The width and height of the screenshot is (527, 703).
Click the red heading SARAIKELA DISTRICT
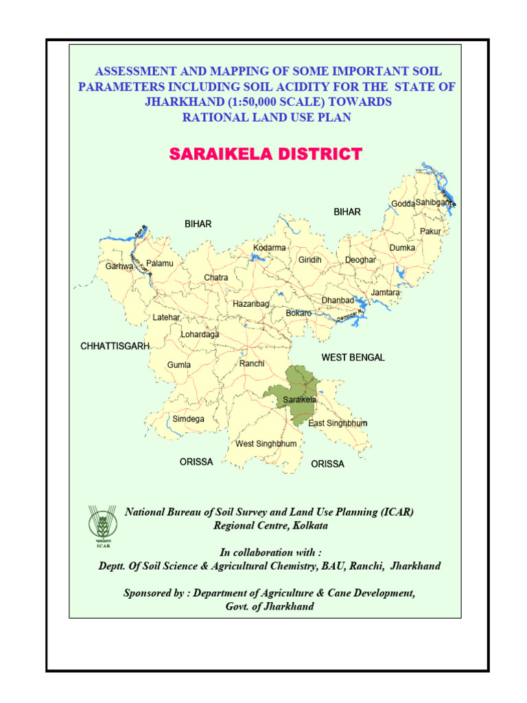(x=265, y=154)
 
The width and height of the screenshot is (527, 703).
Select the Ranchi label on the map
(x=252, y=363)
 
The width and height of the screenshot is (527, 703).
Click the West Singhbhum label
(x=266, y=443)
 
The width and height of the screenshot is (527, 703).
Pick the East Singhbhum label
(x=338, y=423)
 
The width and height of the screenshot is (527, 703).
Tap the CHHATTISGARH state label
(x=115, y=347)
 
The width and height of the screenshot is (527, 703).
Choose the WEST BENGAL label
(x=353, y=358)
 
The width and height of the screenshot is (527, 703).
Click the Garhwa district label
(x=119, y=266)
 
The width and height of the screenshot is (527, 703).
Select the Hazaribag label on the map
(x=250, y=303)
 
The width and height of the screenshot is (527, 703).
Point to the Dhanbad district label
(x=338, y=301)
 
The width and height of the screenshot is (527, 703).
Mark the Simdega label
(x=188, y=418)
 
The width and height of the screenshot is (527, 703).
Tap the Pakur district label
(x=430, y=231)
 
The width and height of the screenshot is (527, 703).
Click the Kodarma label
(x=270, y=248)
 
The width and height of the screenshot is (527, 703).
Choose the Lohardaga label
(x=200, y=334)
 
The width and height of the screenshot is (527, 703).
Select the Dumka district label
(x=402, y=247)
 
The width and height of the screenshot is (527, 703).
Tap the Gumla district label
(x=179, y=365)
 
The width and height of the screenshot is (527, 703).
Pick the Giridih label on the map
(x=309, y=260)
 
